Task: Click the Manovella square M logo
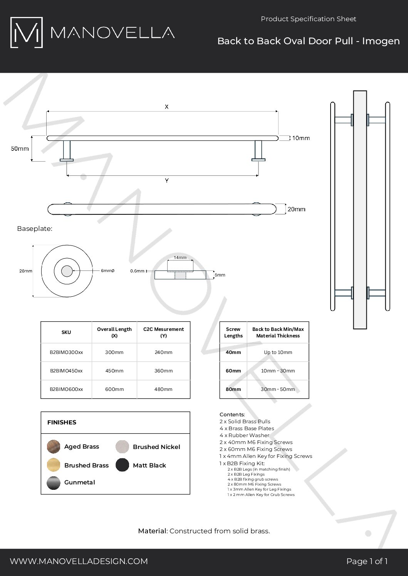26,33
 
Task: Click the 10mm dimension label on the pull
301,138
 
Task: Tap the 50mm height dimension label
20,149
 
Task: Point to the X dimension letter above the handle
166,107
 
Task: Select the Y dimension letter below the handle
166,180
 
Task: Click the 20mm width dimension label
296,209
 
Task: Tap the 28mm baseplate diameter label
26,271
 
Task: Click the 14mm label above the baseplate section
180,257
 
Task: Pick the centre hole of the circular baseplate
67,271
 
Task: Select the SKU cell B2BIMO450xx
66,371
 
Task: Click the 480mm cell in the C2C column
163,389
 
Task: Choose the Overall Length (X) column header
114,332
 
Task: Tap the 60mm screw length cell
233,371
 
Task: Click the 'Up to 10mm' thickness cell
278,352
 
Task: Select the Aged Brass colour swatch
54,447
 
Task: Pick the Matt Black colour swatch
122,465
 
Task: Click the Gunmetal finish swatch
54,483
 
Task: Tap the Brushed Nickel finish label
156,447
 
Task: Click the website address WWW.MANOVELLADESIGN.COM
79,561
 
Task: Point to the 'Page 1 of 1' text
367,561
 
